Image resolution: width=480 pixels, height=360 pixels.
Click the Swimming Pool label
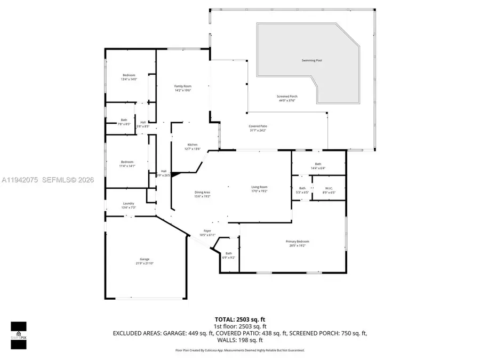click(311, 60)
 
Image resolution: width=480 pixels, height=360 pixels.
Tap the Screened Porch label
click(287, 97)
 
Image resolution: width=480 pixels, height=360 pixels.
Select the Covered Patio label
click(258, 126)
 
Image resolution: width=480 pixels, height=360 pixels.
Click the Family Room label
click(183, 86)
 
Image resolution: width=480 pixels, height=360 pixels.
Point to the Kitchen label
click(193, 145)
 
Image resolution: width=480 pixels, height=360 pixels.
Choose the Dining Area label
click(202, 193)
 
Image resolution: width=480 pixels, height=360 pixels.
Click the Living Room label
click(259, 187)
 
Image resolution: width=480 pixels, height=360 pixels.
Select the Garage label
click(145, 259)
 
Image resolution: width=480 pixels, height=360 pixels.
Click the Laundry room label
click(129, 203)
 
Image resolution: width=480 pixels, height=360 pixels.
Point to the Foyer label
click(207, 231)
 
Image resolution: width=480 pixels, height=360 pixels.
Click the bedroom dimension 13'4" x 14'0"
click(129, 79)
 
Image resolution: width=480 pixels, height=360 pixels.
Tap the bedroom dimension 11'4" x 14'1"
click(128, 166)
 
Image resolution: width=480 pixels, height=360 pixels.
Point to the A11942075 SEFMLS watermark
click(47, 180)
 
